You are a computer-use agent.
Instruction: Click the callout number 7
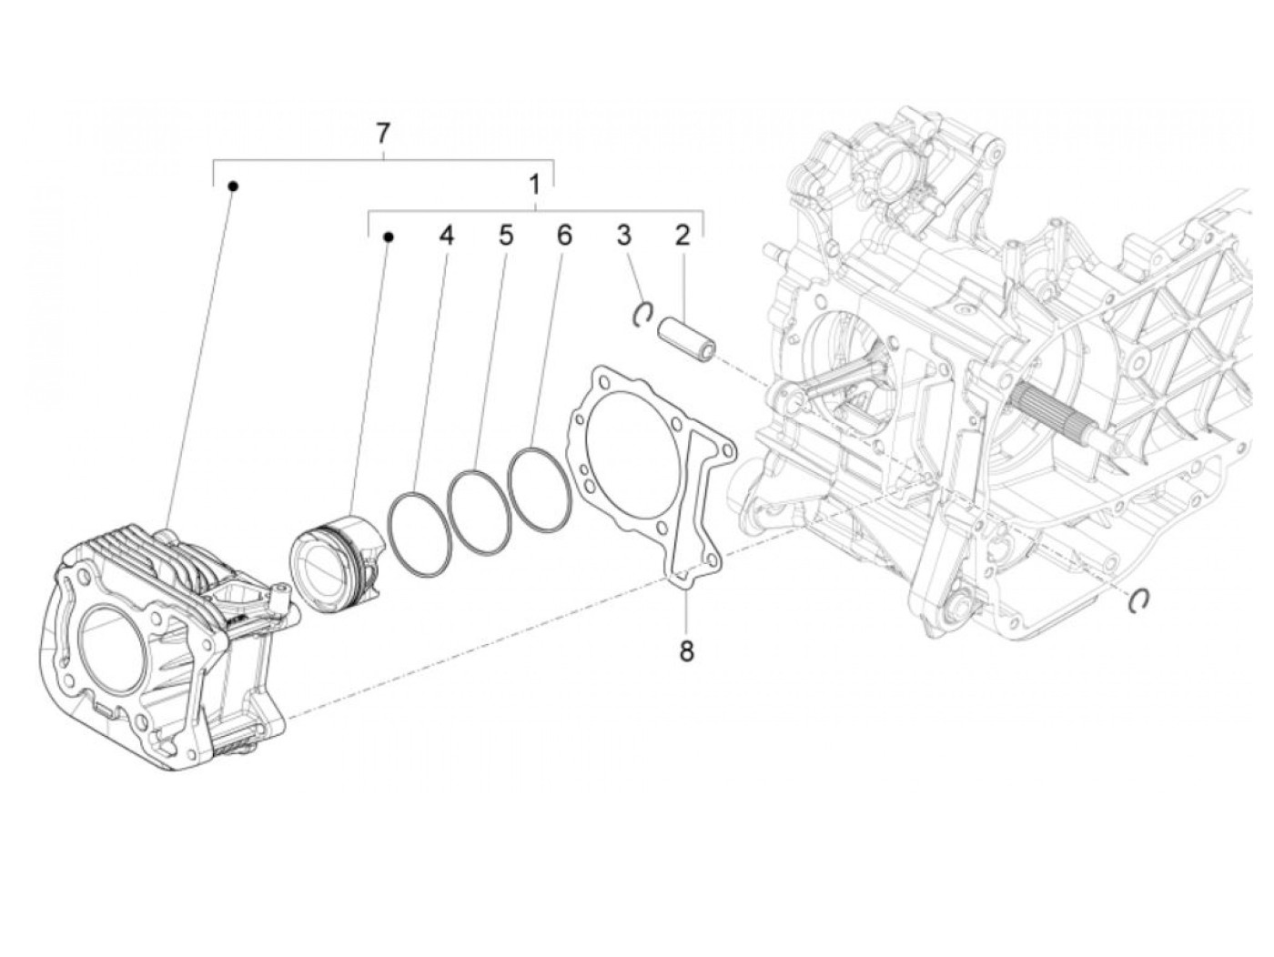pyautogui.click(x=382, y=134)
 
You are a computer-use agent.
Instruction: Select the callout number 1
pyautogui.click(x=535, y=185)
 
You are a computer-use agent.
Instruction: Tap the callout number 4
pyautogui.click(x=445, y=236)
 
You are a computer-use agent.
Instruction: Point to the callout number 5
pyautogui.click(x=505, y=236)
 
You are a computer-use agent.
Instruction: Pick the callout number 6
pyautogui.click(x=564, y=236)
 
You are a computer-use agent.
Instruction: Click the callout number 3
pyautogui.click(x=623, y=236)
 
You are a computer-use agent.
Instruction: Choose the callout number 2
pyautogui.click(x=682, y=236)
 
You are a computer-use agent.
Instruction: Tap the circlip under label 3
pyautogui.click(x=642, y=312)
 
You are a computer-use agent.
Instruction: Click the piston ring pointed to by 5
pyautogui.click(x=480, y=509)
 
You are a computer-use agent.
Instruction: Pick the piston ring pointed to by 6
pyautogui.click(x=539, y=488)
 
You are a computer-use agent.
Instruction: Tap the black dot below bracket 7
pyautogui.click(x=233, y=186)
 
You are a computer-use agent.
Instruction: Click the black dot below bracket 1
pyautogui.click(x=388, y=237)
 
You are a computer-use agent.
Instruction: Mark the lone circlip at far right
pyautogui.click(x=1139, y=600)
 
